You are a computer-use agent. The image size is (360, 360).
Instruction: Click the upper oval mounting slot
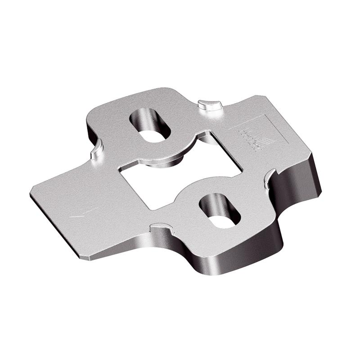150,124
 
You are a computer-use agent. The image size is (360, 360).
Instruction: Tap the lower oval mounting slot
220,210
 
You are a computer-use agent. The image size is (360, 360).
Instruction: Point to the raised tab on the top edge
210,104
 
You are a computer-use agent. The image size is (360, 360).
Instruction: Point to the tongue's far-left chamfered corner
33,191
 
